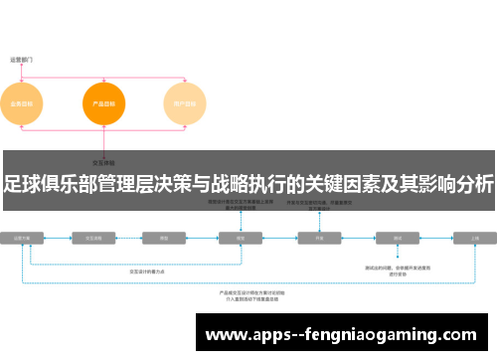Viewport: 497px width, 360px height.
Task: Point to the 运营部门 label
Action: pyautogui.click(x=22, y=60)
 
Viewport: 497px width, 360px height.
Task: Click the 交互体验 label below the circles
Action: pyautogui.click(x=103, y=161)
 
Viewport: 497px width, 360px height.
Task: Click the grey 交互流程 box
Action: pyautogui.click(x=95, y=239)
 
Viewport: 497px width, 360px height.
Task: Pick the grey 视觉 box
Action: pyautogui.click(x=240, y=239)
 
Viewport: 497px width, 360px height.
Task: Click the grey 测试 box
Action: pyautogui.click(x=398, y=239)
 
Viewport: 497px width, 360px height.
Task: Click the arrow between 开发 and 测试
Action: pyautogui.click(x=359, y=239)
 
